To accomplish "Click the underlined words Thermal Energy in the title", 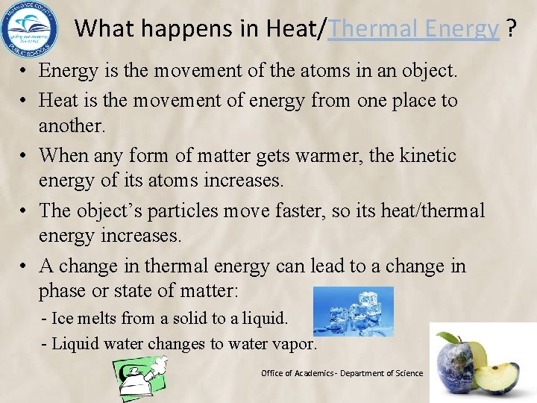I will tap(414, 29).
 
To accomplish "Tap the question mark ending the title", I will tap(511, 29).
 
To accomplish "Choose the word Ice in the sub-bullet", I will tap(63, 318).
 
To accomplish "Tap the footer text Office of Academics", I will tap(297, 373).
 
